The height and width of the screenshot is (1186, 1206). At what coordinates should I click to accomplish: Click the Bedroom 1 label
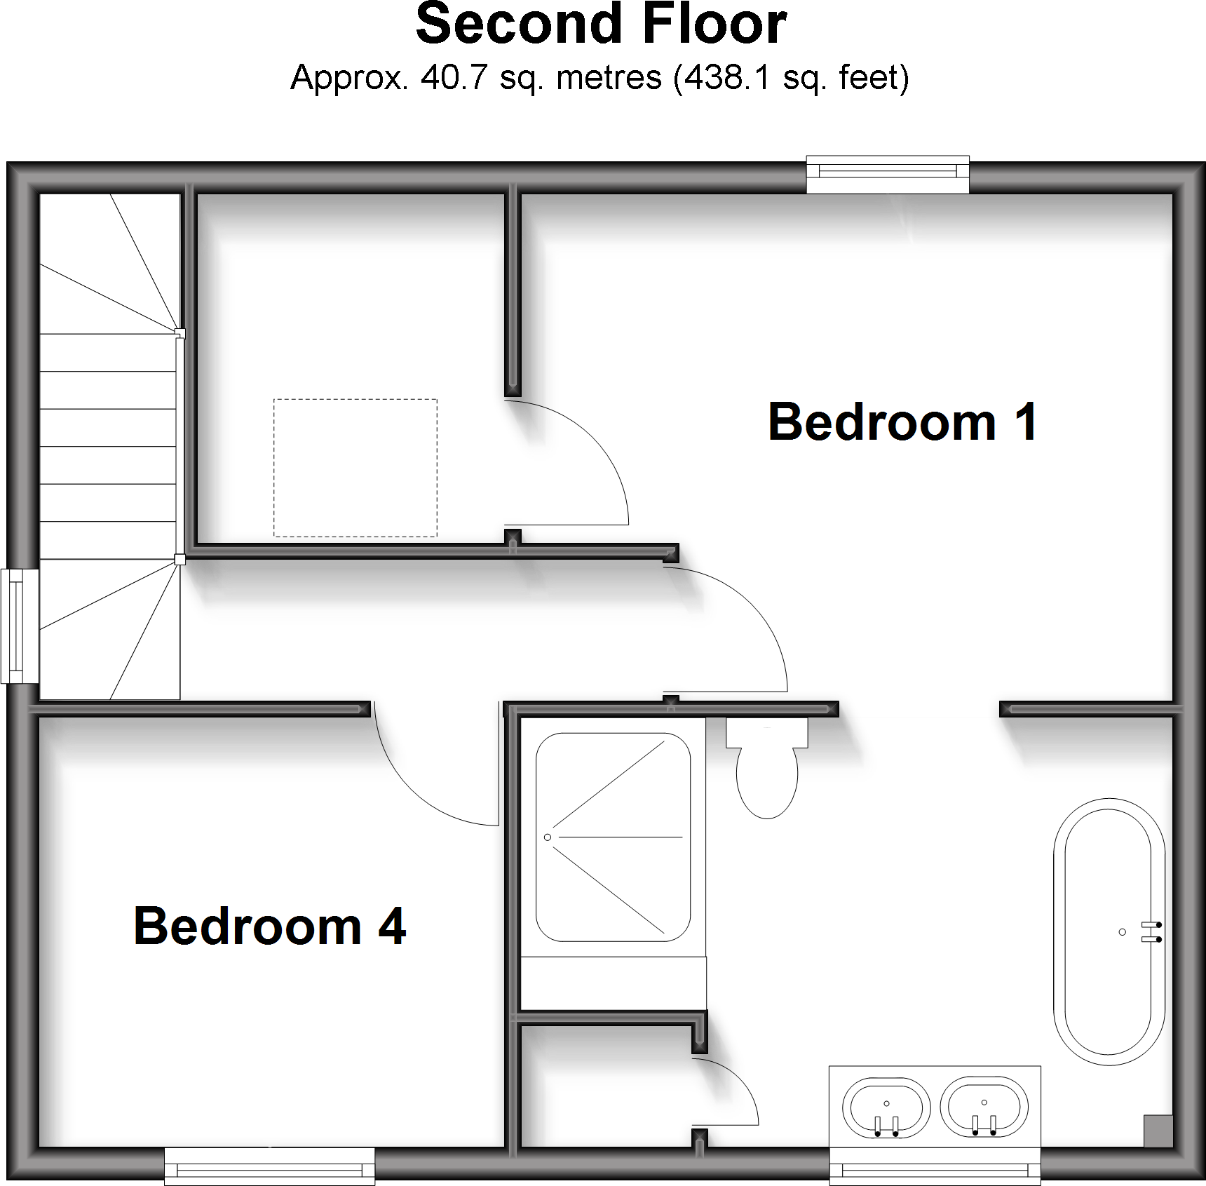[902, 422]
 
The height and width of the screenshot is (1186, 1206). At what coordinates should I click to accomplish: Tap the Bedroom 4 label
[270, 926]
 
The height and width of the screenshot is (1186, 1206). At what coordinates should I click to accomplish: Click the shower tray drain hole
[548, 837]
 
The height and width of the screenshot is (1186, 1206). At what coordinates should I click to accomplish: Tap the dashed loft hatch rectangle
[355, 468]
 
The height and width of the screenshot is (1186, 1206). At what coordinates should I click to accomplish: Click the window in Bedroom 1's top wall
[888, 174]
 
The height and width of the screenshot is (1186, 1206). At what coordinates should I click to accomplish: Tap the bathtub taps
[1151, 931]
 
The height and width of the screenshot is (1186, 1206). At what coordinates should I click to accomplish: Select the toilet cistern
[767, 732]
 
